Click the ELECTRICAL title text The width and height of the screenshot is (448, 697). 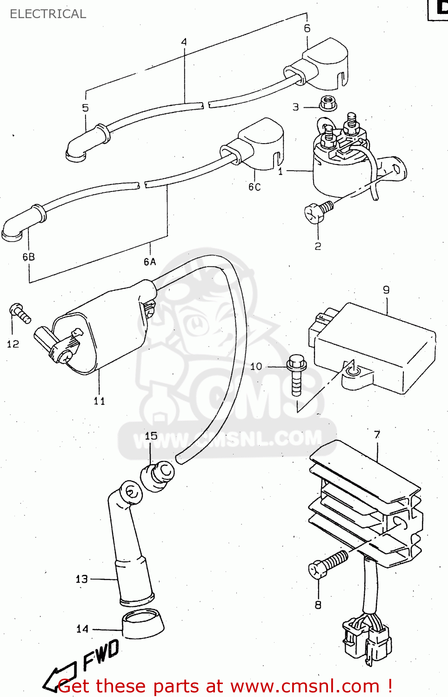pos(48,14)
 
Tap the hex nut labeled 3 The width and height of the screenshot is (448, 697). pos(328,103)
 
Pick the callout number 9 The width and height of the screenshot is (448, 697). pos(386,290)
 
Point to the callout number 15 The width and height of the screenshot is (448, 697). pos(151,436)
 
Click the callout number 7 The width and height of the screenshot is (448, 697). pos(377,434)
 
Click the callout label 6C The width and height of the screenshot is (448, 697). pos(254,187)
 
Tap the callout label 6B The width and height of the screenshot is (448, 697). pos(28,256)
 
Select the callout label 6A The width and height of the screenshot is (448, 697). pos(150,262)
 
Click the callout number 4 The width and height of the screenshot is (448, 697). pos(184,42)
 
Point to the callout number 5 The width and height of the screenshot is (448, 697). pos(85,108)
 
